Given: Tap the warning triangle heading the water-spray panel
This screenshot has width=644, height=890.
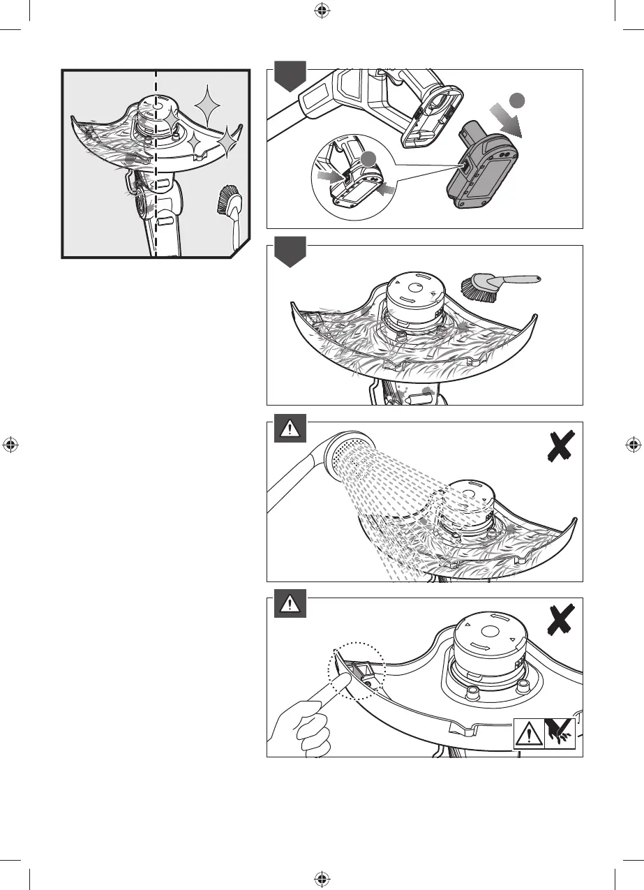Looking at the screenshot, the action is [x=287, y=431].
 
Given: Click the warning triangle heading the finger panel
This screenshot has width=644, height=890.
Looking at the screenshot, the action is [x=287, y=607].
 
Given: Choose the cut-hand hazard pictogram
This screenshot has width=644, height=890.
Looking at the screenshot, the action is [x=560, y=733].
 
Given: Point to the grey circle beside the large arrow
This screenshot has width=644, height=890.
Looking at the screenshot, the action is [x=517, y=100].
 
